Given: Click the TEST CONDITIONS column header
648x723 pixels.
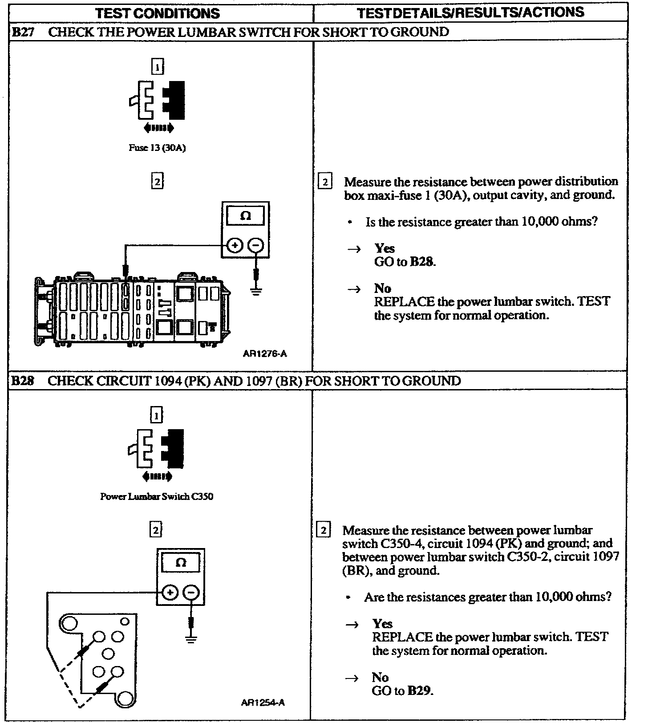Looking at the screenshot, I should point(158,13).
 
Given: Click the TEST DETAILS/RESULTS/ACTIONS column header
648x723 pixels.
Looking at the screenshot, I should point(470,12).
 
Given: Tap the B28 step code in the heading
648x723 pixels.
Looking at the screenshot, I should point(22,381).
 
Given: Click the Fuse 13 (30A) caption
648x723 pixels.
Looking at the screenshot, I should point(157,148).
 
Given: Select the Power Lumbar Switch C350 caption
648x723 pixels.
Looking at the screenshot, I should point(157,496).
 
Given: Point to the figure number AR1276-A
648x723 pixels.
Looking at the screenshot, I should point(265,354).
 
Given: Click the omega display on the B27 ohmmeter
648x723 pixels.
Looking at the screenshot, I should point(245,216).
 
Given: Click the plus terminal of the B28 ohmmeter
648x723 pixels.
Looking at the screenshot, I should point(170,593).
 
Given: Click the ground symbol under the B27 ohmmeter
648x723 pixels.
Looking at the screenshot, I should point(256,292).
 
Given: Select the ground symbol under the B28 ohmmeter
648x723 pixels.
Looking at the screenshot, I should point(191,639).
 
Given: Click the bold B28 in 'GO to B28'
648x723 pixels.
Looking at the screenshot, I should point(421,262).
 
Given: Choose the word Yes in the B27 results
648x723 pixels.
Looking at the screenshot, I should point(385,248).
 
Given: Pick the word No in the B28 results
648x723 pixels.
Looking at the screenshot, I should point(380,677).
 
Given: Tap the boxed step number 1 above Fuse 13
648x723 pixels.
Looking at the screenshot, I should point(158,67).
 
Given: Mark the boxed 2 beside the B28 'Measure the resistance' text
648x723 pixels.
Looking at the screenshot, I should point(323,530).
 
